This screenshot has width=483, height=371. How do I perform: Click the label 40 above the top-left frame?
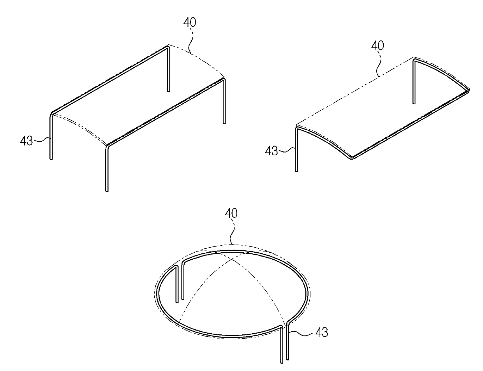190,22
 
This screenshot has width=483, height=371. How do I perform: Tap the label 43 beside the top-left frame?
26,141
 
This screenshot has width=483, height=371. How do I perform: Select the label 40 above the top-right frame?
377,46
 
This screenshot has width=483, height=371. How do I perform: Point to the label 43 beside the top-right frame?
271,151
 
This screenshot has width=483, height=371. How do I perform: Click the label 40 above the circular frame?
231,213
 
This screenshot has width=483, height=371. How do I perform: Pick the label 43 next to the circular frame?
322,332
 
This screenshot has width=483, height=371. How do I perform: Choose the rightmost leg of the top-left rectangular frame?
224,101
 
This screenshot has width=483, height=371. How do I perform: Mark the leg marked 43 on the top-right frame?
296,149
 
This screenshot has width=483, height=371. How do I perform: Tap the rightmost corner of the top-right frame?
469,90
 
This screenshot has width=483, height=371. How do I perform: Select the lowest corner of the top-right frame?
352,158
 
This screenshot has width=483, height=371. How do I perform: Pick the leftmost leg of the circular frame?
177,284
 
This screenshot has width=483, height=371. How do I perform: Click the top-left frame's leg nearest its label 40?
169,69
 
